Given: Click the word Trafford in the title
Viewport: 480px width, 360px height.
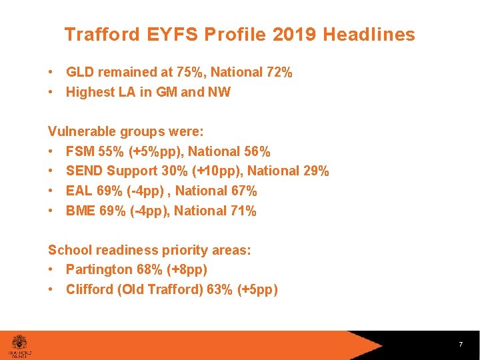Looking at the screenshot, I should [x=93, y=35].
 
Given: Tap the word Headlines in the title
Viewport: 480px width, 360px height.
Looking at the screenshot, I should [x=369, y=35].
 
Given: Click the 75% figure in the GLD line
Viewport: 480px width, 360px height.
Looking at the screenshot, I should [x=189, y=72].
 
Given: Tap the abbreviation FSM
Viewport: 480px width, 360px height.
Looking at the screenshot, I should [x=80, y=151].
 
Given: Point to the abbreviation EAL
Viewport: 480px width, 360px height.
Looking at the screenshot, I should [x=79, y=191].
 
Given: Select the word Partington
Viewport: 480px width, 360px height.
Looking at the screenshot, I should [x=99, y=270].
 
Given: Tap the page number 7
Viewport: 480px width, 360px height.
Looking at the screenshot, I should [x=461, y=345].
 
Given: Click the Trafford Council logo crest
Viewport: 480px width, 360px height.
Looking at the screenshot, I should [x=20, y=340].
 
